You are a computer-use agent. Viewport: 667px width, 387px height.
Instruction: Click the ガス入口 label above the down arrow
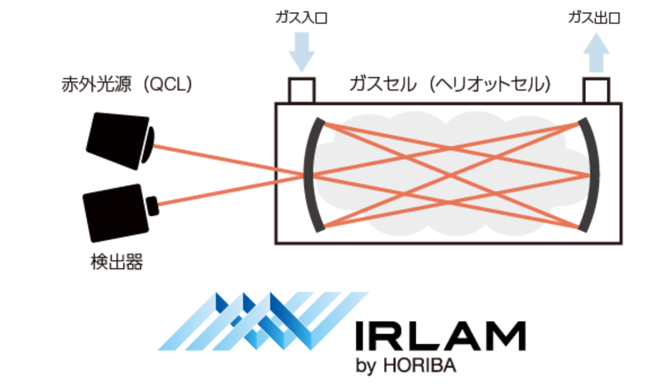pyautogui.click(x=302, y=18)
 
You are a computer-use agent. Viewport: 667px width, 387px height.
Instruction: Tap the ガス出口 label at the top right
pyautogui.click(x=595, y=18)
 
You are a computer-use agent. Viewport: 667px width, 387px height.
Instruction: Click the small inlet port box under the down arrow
pyautogui.click(x=302, y=90)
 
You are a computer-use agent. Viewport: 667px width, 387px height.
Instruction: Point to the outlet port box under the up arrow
pyautogui.click(x=596, y=90)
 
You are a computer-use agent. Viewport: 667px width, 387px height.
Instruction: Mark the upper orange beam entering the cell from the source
pyautogui.click(x=217, y=160)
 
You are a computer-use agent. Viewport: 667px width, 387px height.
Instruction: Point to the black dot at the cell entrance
pyautogui.click(x=275, y=176)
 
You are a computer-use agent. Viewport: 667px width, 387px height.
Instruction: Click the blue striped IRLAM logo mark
pyautogui.click(x=261, y=321)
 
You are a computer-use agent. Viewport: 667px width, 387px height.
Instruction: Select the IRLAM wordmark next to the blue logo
pyautogui.click(x=439, y=336)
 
